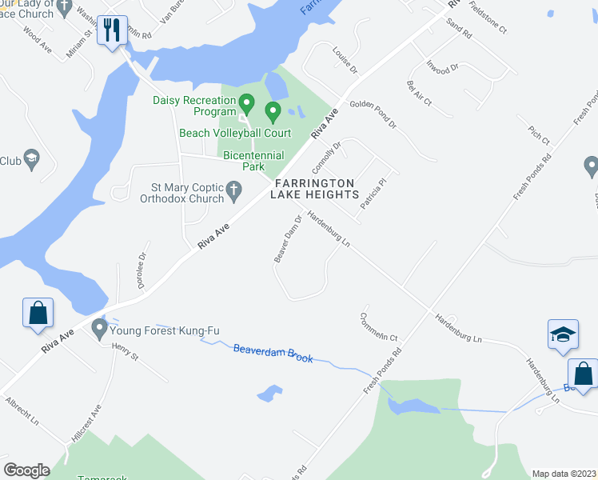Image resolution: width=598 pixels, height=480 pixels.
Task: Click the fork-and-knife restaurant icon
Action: point(112,31)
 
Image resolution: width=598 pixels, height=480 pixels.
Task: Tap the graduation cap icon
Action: point(563,334)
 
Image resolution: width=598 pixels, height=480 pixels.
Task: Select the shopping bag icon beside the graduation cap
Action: point(583,374)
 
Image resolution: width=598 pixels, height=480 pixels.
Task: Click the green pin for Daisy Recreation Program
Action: point(247,104)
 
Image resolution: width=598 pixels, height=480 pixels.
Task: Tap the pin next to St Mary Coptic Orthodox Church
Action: point(233,190)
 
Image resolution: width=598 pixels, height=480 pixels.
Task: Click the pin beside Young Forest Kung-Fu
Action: point(99,328)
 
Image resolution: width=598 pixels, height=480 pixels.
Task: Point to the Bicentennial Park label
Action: point(243,160)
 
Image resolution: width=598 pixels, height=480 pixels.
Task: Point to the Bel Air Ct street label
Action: point(419,94)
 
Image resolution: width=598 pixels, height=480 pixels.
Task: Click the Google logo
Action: point(26,470)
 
